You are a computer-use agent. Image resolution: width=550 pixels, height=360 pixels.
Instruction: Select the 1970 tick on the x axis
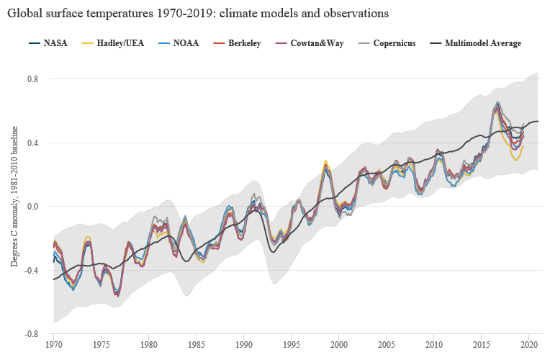click(x=53, y=345)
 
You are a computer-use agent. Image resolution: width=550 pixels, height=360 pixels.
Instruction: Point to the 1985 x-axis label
click(x=196, y=345)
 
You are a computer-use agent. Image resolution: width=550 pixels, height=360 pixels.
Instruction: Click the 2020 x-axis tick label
click(x=528, y=345)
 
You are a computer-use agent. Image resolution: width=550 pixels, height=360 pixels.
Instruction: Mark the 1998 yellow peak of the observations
click(x=325, y=161)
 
